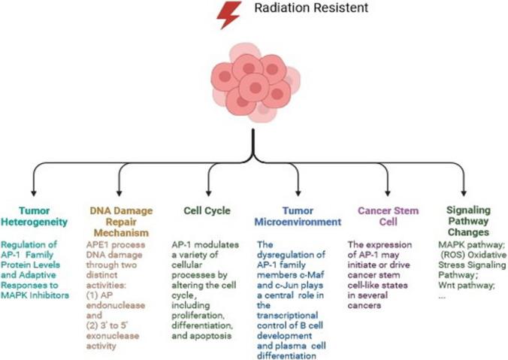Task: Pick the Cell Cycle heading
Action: coord(207,210)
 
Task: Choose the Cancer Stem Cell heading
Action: coord(388,216)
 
